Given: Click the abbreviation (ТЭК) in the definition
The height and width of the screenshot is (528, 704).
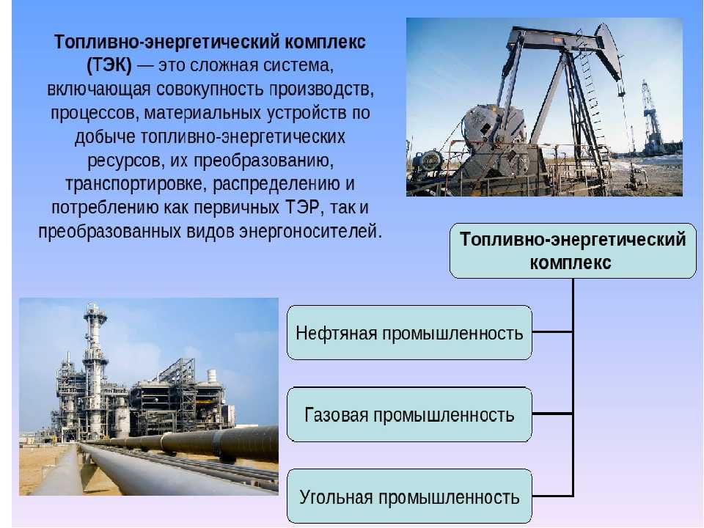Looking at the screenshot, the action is pyautogui.click(x=109, y=65).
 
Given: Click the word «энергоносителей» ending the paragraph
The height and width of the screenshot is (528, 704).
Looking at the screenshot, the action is pyautogui.click(x=310, y=232).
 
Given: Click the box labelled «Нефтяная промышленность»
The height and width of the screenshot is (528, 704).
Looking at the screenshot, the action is pyautogui.click(x=409, y=333).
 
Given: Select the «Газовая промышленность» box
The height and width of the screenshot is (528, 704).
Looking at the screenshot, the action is pyautogui.click(x=409, y=414).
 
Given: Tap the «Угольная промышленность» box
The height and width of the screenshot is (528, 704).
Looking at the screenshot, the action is pyautogui.click(x=409, y=496).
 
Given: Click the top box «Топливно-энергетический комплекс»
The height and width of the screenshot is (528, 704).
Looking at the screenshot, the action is pyautogui.click(x=573, y=251).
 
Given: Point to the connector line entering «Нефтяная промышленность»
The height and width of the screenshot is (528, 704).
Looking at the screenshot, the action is pyautogui.click(x=552, y=332).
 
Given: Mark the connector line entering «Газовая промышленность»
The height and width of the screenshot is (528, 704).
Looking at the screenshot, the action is pyautogui.click(x=552, y=414).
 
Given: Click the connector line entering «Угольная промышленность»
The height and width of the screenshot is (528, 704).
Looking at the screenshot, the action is pyautogui.click(x=552, y=496).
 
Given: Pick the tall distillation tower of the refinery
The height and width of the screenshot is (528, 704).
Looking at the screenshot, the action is pyautogui.click(x=95, y=368).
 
